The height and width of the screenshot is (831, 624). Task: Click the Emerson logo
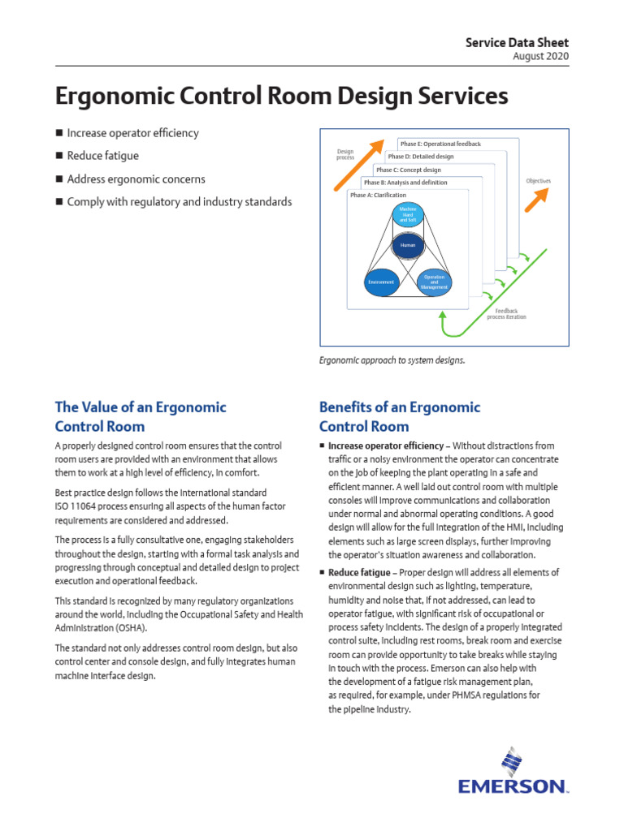513,774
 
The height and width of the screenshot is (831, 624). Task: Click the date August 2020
541,56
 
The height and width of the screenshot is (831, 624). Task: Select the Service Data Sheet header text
517,42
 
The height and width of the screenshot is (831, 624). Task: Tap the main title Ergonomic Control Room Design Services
281,96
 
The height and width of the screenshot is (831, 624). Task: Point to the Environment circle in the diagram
380,282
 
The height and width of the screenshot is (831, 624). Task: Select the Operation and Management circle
433,282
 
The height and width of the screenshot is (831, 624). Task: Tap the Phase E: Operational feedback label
440,144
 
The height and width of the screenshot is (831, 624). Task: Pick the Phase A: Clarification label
378,196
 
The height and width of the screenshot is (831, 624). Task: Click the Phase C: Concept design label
409,170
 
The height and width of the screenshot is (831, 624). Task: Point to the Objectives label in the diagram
538,181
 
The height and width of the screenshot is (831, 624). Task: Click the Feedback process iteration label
506,313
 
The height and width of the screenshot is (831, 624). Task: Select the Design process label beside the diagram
345,154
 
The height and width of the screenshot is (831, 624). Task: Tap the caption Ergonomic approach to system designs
392,359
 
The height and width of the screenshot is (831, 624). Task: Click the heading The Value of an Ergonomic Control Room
141,416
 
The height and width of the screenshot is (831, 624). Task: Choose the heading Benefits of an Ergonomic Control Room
399,416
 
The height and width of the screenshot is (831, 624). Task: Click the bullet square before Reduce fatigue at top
58,156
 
